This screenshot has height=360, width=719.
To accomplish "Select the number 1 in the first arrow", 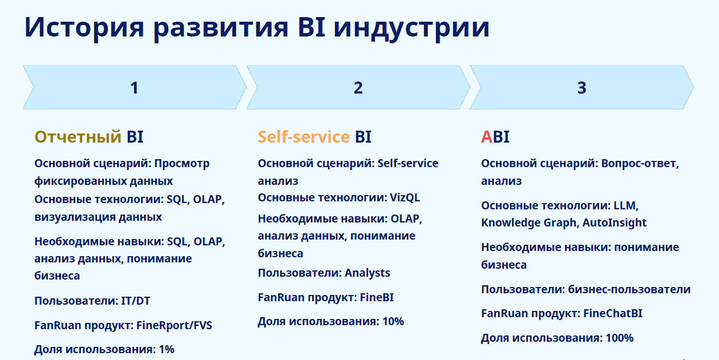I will click(x=134, y=88).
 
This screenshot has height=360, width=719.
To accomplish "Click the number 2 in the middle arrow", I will click(x=358, y=88).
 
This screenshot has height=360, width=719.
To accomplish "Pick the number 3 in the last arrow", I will click(x=581, y=88).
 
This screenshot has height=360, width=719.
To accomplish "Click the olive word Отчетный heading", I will click(x=78, y=137).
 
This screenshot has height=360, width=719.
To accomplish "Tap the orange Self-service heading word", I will click(x=304, y=137).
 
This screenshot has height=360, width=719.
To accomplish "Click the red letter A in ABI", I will click(x=486, y=137).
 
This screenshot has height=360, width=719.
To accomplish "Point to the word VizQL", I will click(x=405, y=198).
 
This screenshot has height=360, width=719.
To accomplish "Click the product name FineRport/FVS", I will click(x=174, y=325).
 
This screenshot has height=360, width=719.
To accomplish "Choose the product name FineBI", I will click(x=376, y=297).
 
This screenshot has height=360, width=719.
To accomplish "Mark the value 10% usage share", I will click(x=393, y=321).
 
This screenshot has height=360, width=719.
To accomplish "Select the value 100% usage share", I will click(x=619, y=338).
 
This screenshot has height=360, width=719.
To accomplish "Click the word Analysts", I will click(x=367, y=273).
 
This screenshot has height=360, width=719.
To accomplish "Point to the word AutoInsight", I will click(x=614, y=223).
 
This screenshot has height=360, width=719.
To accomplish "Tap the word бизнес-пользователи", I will click(x=629, y=289).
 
